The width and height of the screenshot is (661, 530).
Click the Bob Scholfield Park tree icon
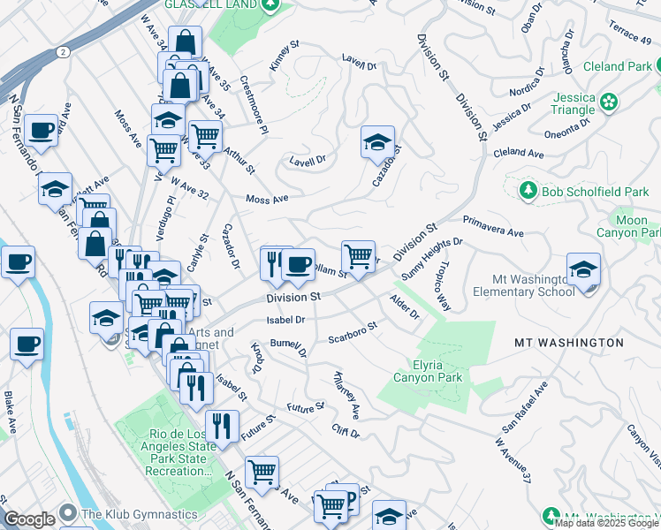coord(528,191)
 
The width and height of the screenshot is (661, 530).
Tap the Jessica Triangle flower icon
coord(609,102)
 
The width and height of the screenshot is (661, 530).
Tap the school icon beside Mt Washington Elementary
coord(583,269)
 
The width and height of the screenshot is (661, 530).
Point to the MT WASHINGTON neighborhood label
coord(569,342)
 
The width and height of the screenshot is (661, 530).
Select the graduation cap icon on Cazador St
coord(377,142)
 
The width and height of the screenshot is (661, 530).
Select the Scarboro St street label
coord(353,332)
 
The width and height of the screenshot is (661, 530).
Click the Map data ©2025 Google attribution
coord(606,523)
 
